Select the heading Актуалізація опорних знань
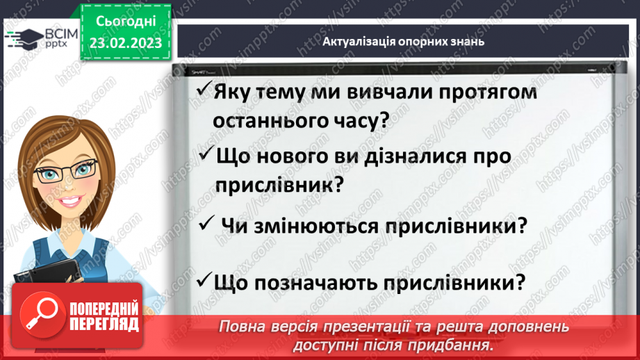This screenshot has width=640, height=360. click(x=403, y=42)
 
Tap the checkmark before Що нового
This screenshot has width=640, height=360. click(x=206, y=154)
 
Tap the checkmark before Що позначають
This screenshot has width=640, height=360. click(x=204, y=281)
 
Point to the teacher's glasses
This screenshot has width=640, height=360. click(x=67, y=169)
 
